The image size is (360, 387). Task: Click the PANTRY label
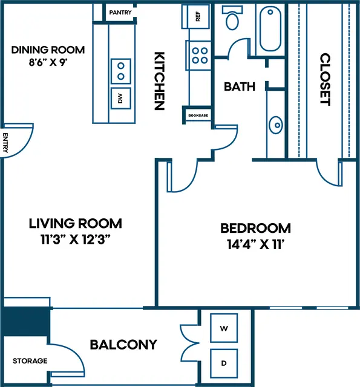coord(120,12)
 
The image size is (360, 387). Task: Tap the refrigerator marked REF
coord(196,16)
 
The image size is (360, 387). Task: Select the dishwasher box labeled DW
coord(121,98)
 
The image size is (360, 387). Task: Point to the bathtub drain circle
coord(270,11)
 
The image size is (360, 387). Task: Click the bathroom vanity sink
coord(275,125)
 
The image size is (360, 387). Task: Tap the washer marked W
coord(224,328)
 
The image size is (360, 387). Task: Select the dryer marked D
coord(224,363)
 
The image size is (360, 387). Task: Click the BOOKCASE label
coord(198,115)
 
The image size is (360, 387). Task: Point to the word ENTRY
coord(5,143)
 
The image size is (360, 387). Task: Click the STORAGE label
coord(30,361)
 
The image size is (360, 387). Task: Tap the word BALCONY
coord(123,345)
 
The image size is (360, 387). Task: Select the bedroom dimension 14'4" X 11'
coord(255,244)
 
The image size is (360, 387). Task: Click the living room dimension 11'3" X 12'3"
coord(75,239)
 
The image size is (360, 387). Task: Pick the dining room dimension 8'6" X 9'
coord(48,62)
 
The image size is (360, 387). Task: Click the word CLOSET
coord(325,79)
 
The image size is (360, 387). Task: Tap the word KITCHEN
coord(159,80)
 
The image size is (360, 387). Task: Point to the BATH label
coord(240,86)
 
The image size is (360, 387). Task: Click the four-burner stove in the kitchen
coord(199,56)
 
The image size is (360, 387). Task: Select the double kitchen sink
coord(121,71)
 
